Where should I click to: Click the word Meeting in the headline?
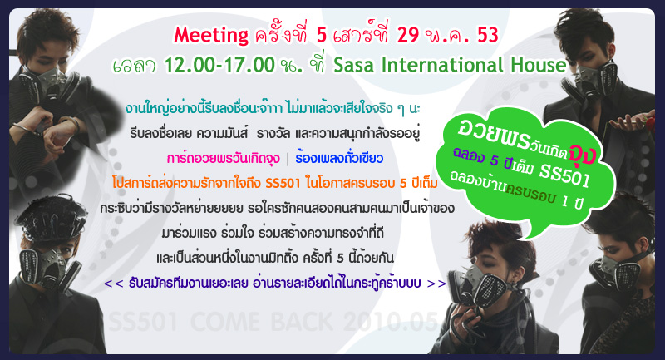[211, 36]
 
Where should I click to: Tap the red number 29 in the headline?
[408, 34]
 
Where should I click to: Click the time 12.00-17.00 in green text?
[219, 65]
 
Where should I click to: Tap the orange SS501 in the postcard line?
[283, 183]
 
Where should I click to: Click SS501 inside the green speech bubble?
[565, 175]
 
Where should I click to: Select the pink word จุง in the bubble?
[583, 155]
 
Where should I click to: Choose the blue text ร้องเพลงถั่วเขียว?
[339, 158]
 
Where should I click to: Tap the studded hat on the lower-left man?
[51, 216]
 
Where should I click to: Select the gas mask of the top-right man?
[594, 79]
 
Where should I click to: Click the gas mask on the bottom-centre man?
[481, 285]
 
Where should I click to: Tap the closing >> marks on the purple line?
[436, 283]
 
